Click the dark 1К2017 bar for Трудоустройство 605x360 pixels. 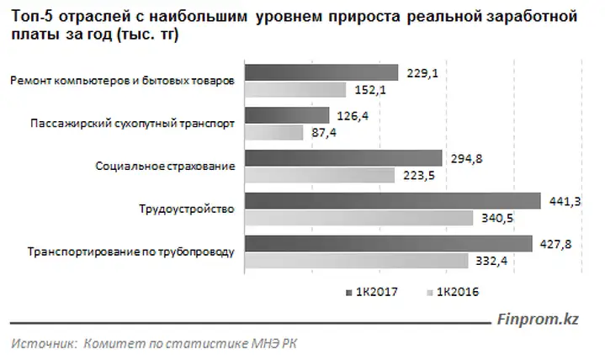tap(391, 201)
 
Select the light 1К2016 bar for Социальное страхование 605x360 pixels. tap(319, 175)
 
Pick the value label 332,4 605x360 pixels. tap(533, 262)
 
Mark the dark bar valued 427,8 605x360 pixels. tap(388, 244)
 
